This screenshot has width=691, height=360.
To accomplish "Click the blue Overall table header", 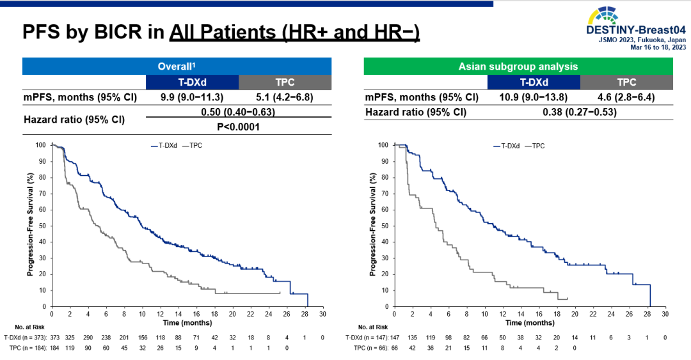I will [177, 66].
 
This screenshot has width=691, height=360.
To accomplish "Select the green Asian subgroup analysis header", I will [518, 66].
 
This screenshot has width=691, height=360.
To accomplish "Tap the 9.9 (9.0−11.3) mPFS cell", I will [192, 97].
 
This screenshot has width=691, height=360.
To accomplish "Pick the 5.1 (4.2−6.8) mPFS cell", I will [285, 97].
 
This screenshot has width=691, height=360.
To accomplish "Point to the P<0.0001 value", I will [238, 127].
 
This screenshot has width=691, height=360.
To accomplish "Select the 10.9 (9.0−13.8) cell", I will [534, 97].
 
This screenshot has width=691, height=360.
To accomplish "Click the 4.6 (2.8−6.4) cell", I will [626, 97].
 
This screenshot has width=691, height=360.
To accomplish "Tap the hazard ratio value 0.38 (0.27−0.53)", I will [580, 113].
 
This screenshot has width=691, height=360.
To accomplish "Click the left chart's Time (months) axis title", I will [187, 324].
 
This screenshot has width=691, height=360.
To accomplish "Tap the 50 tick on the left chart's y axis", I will [42, 226].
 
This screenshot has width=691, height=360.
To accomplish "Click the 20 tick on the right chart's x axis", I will [575, 315].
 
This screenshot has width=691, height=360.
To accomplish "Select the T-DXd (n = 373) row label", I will [24, 338].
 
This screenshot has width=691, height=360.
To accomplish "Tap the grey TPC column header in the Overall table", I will [285, 82].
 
